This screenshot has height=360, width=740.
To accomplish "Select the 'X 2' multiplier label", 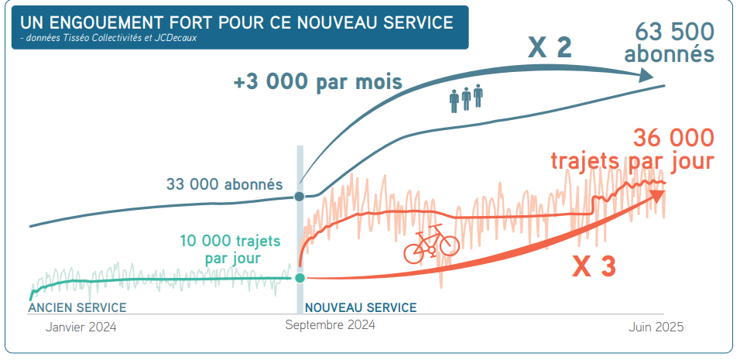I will pos(550,48).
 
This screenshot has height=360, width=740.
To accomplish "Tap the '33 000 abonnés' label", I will pos(224,185).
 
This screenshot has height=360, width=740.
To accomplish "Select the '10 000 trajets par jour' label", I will pos(230,249).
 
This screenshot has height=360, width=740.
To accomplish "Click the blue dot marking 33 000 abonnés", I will pos(300,196).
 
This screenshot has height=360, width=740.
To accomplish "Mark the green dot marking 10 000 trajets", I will pos(300,277).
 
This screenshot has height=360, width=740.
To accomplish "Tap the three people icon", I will pos(466,98).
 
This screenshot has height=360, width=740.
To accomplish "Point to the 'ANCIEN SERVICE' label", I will pos(77,307).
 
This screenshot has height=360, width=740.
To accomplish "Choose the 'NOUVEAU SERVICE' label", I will pos(361,307).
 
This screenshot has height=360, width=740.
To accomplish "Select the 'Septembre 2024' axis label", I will pos(330,325).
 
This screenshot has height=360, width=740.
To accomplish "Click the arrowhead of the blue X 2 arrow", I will pos(646,76).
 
